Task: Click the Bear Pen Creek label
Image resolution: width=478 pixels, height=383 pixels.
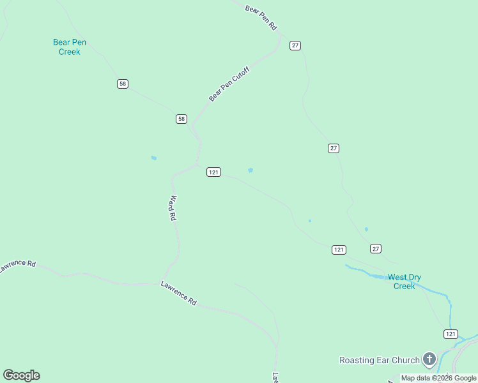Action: click(x=70, y=47)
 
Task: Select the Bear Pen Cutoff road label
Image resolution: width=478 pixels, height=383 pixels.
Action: click(x=228, y=84)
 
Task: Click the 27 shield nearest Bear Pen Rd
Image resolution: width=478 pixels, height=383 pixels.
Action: click(x=295, y=45)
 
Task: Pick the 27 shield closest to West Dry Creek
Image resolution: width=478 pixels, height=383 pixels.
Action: click(x=375, y=248)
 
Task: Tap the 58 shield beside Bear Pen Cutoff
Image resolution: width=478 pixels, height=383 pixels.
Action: click(x=181, y=119)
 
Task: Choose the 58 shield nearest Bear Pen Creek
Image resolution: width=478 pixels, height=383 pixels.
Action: click(x=123, y=84)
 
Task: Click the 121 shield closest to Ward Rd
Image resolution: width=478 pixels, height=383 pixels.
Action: click(x=213, y=172)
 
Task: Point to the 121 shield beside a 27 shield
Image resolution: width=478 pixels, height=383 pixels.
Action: click(x=339, y=250)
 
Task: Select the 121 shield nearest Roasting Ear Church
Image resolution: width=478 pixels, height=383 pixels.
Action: click(x=451, y=334)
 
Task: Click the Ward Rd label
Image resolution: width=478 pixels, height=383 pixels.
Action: click(x=172, y=208)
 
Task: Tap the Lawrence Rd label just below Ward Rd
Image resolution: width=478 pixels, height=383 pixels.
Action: click(x=178, y=292)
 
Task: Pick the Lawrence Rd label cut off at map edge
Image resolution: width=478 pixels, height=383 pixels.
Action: click(x=18, y=266)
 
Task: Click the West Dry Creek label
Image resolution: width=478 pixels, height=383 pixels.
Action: click(x=405, y=282)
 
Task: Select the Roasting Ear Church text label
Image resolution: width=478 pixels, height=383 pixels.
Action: click(x=379, y=360)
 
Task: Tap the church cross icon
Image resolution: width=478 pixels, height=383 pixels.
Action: click(x=429, y=359)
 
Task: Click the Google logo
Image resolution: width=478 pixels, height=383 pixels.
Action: click(x=21, y=375)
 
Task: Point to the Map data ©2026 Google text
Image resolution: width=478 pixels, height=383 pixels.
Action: click(x=438, y=378)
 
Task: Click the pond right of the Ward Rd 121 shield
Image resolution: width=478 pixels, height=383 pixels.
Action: click(x=251, y=170)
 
